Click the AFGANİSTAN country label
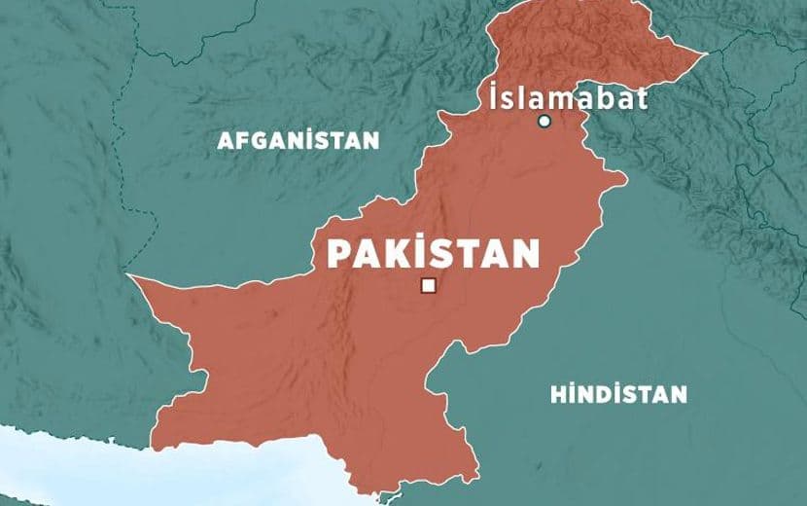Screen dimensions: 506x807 pos(298,140)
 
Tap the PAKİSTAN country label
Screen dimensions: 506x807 pos(433,254)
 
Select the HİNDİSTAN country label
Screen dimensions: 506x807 pos(618,394)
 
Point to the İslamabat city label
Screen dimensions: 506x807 pos(569,98)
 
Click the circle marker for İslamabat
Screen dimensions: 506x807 pos(544,122)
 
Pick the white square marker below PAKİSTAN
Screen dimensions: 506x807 pos(427,285)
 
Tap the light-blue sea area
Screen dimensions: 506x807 pos(58,467)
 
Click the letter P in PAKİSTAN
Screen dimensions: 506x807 pos(338,254)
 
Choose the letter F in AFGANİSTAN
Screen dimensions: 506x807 pos(240,140)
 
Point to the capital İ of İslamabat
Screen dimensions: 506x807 pos(496,96)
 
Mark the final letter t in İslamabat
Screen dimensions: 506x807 pos(643,99)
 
